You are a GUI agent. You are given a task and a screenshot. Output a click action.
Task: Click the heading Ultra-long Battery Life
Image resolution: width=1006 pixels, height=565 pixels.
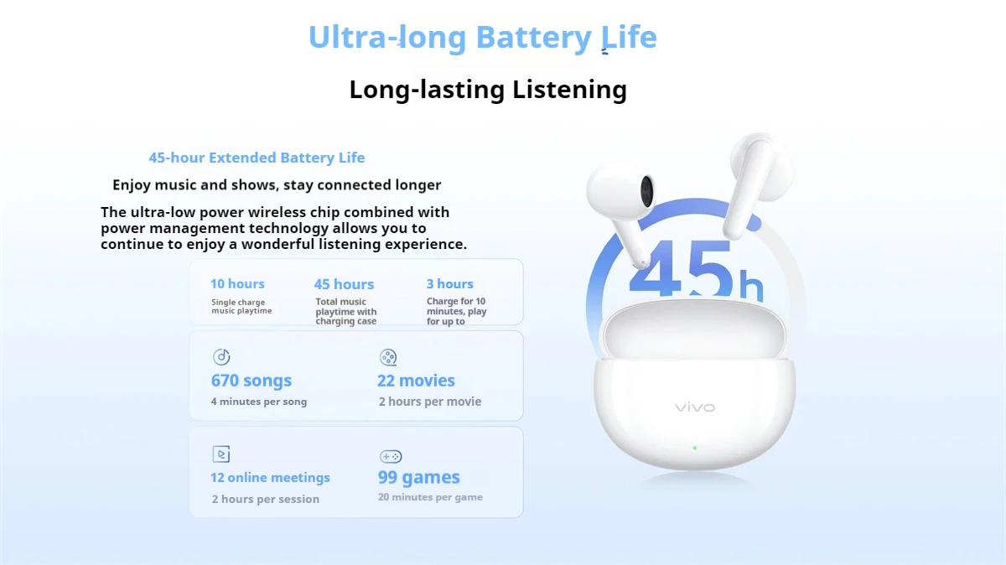[482, 38]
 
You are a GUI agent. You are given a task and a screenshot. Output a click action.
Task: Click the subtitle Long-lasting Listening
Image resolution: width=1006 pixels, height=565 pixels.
[487, 89]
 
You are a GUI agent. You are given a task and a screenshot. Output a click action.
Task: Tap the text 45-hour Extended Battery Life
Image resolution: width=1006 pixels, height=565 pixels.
[257, 158]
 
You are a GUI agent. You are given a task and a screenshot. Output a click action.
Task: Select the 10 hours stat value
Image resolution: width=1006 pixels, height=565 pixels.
[237, 284]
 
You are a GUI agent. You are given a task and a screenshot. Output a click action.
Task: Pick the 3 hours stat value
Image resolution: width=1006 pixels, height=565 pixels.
[449, 284]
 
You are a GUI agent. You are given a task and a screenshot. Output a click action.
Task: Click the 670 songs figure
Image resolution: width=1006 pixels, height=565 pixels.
[251, 381]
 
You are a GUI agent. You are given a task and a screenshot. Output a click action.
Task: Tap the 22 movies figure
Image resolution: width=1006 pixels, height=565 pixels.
[416, 381]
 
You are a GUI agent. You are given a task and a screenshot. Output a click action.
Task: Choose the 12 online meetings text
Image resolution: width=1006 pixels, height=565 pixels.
[270, 478]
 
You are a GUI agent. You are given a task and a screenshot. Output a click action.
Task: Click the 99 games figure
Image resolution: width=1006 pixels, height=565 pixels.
[418, 478]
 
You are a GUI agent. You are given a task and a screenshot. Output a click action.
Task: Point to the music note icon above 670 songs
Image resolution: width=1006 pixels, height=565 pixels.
[221, 357]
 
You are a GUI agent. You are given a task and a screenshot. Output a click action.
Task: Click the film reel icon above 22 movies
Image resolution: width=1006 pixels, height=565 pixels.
[388, 357]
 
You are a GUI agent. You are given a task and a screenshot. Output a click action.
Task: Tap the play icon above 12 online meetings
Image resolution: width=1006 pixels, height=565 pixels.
[221, 454]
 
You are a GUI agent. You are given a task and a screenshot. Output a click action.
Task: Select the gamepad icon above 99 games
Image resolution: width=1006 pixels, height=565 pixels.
[391, 457]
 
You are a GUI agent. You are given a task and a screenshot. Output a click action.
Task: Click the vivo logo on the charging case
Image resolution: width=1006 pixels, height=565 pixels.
[695, 407]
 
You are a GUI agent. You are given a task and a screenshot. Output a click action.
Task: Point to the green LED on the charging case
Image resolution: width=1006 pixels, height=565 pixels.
[695, 448]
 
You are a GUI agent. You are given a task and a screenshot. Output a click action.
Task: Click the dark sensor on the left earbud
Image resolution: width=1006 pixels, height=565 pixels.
[647, 189]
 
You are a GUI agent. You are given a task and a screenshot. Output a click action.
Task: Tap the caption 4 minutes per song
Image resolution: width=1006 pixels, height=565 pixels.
[259, 402]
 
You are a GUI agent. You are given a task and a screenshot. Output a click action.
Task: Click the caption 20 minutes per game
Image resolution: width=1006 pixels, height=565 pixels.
[430, 497]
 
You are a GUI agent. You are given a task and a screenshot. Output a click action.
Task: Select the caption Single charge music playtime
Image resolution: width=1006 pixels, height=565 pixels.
[241, 307]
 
